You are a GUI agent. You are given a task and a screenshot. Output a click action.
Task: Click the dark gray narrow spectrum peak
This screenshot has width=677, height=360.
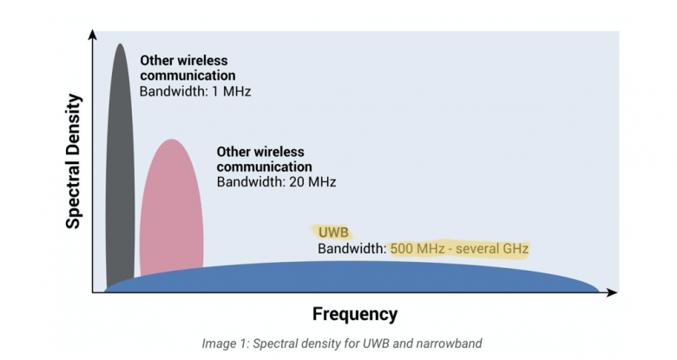tap(120, 156)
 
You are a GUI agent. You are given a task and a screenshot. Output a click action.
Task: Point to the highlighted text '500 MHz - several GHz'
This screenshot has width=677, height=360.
tap(459, 249)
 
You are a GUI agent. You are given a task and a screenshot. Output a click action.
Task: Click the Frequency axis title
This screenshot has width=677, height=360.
tap(354, 314)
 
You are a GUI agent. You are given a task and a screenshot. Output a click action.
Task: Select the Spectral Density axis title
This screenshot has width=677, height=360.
tap(74, 161)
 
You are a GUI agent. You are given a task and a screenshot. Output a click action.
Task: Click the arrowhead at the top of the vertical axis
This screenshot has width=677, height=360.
tap(92, 34)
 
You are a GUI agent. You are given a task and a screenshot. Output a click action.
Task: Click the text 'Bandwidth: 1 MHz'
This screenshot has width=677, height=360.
tap(195, 90)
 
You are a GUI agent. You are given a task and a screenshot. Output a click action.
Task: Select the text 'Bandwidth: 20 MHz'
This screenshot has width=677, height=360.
tap(276, 182)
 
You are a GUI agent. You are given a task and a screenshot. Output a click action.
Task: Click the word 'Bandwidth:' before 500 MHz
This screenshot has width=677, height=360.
tap(352, 249)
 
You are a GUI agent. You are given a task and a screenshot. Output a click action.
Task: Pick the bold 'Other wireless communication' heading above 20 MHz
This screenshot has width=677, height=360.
tap(264, 159)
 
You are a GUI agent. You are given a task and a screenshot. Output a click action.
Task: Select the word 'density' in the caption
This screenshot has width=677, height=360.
tap(326, 343)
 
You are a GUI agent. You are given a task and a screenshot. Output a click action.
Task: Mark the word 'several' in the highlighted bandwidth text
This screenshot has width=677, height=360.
tap(481, 249)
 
